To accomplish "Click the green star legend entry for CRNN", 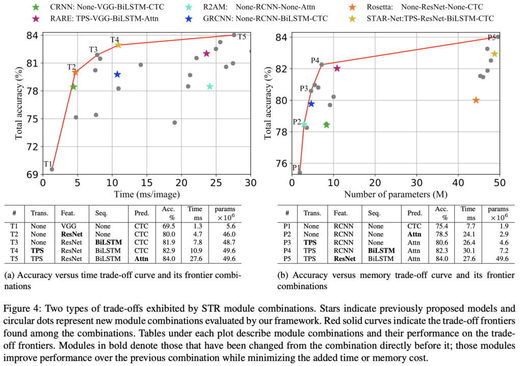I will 35,8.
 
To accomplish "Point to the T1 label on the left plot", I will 47,164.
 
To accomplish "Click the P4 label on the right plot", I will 315,61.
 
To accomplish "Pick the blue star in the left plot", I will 117,74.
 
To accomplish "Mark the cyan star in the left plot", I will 210,86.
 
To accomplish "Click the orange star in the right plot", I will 476,100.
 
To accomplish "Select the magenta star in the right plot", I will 337,68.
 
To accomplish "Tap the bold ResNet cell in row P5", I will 345,258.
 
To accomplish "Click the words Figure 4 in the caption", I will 21,308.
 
